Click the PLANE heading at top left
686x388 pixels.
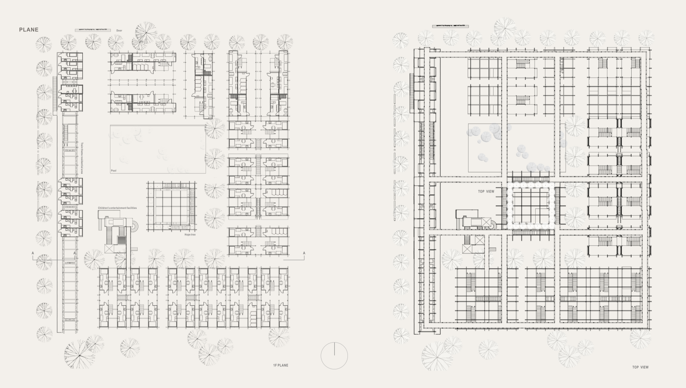[x=28, y=30]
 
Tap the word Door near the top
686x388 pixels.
[x=119, y=31]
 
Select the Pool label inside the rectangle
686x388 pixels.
[x=113, y=171]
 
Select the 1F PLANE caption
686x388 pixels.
[x=280, y=365]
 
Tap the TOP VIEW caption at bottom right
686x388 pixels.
[x=640, y=367]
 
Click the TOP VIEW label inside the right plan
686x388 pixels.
[x=486, y=191]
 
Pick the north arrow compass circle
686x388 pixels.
[x=334, y=356]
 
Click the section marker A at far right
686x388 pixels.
[x=304, y=253]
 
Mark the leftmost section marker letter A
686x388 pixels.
[x=33, y=253]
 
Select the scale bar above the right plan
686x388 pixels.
[x=450, y=26]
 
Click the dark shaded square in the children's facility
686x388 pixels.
[x=122, y=240]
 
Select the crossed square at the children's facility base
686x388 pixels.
[x=110, y=248]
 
